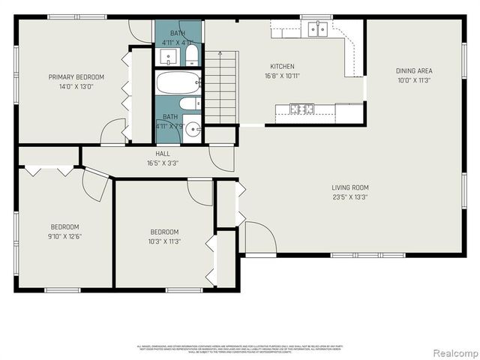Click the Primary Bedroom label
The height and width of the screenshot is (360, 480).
[76, 76]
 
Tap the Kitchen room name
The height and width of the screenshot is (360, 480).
[282, 66]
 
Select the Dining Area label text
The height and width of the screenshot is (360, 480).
[414, 71]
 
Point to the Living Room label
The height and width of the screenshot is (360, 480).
[350, 187]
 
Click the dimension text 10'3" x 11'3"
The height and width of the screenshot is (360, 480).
[164, 241]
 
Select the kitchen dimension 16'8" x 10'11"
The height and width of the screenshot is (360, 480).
[282, 76]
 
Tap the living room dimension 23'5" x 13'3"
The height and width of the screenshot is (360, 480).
[350, 197]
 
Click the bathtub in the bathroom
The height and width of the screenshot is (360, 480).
[178, 82]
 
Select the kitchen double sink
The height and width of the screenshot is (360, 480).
[317, 29]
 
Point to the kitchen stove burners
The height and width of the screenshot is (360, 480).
[302, 109]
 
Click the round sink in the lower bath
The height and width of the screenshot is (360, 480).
[193, 127]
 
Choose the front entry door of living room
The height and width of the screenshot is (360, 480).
[259, 238]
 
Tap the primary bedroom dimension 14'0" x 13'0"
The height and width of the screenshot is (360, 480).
[76, 86]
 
